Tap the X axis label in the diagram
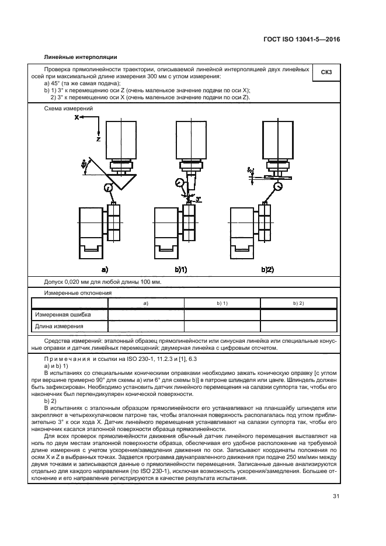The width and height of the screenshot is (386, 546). point(76,117)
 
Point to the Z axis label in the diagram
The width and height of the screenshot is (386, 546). point(98,140)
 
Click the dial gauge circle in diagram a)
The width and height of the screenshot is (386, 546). point(109,187)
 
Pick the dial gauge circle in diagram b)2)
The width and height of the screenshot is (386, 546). point(277,187)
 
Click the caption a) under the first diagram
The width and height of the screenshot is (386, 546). point(105,269)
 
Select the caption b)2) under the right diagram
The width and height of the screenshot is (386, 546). point(267,269)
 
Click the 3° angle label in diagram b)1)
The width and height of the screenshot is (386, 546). point(199,199)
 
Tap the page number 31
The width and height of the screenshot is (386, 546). point(335,496)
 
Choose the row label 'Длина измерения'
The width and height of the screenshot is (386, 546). point(60,326)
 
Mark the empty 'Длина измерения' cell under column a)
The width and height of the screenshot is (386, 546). point(146,326)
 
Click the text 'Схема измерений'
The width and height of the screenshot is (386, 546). point(65,109)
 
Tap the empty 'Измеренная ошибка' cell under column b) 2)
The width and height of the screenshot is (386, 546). point(298,315)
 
